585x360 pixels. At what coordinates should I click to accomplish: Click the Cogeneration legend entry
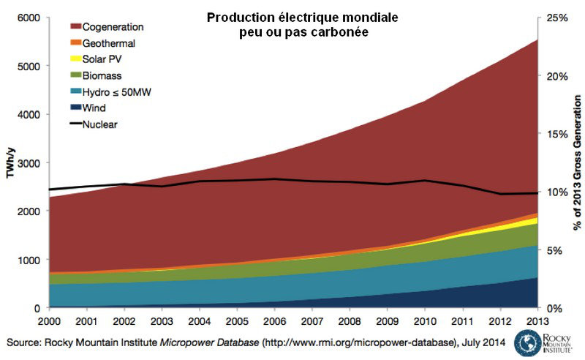[x=113, y=26]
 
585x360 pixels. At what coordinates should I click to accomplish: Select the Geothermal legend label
[x=110, y=42]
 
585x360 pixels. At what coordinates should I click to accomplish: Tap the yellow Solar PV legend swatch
[x=73, y=59]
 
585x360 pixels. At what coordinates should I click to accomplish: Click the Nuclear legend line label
[x=100, y=124]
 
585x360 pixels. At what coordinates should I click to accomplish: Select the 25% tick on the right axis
[x=556, y=17]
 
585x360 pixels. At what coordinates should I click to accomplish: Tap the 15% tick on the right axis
[x=556, y=133]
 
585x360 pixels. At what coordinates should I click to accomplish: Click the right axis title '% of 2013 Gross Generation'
[x=577, y=162]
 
